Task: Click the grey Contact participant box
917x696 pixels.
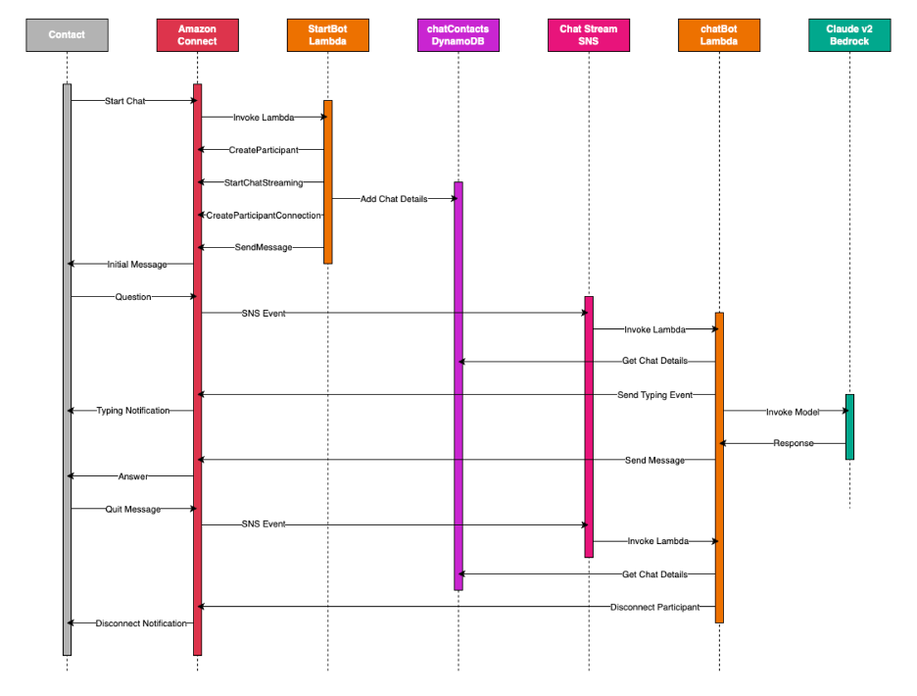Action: coord(67,35)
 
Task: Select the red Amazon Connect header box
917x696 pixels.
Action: coord(197,35)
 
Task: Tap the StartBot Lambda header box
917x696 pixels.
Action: coord(327,35)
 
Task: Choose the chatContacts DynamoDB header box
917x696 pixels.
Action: coord(458,35)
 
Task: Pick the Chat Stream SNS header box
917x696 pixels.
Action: coord(588,35)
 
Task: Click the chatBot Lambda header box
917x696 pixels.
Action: coord(718,35)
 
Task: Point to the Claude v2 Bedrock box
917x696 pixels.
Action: coord(849,35)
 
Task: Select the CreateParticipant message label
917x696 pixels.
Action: coord(262,150)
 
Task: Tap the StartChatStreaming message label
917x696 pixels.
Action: coord(263,182)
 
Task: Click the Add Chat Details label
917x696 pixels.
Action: coord(393,199)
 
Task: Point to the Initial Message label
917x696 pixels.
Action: coord(136,265)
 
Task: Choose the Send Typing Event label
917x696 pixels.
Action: coord(654,395)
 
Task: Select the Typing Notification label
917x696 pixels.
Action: coord(132,411)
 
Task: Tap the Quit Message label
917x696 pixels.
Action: coord(132,509)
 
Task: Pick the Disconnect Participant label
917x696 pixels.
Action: coord(654,607)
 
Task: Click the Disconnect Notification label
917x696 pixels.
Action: coord(140,623)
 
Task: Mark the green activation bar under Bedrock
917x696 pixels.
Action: coord(849,426)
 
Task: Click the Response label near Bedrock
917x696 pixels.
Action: coord(793,443)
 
